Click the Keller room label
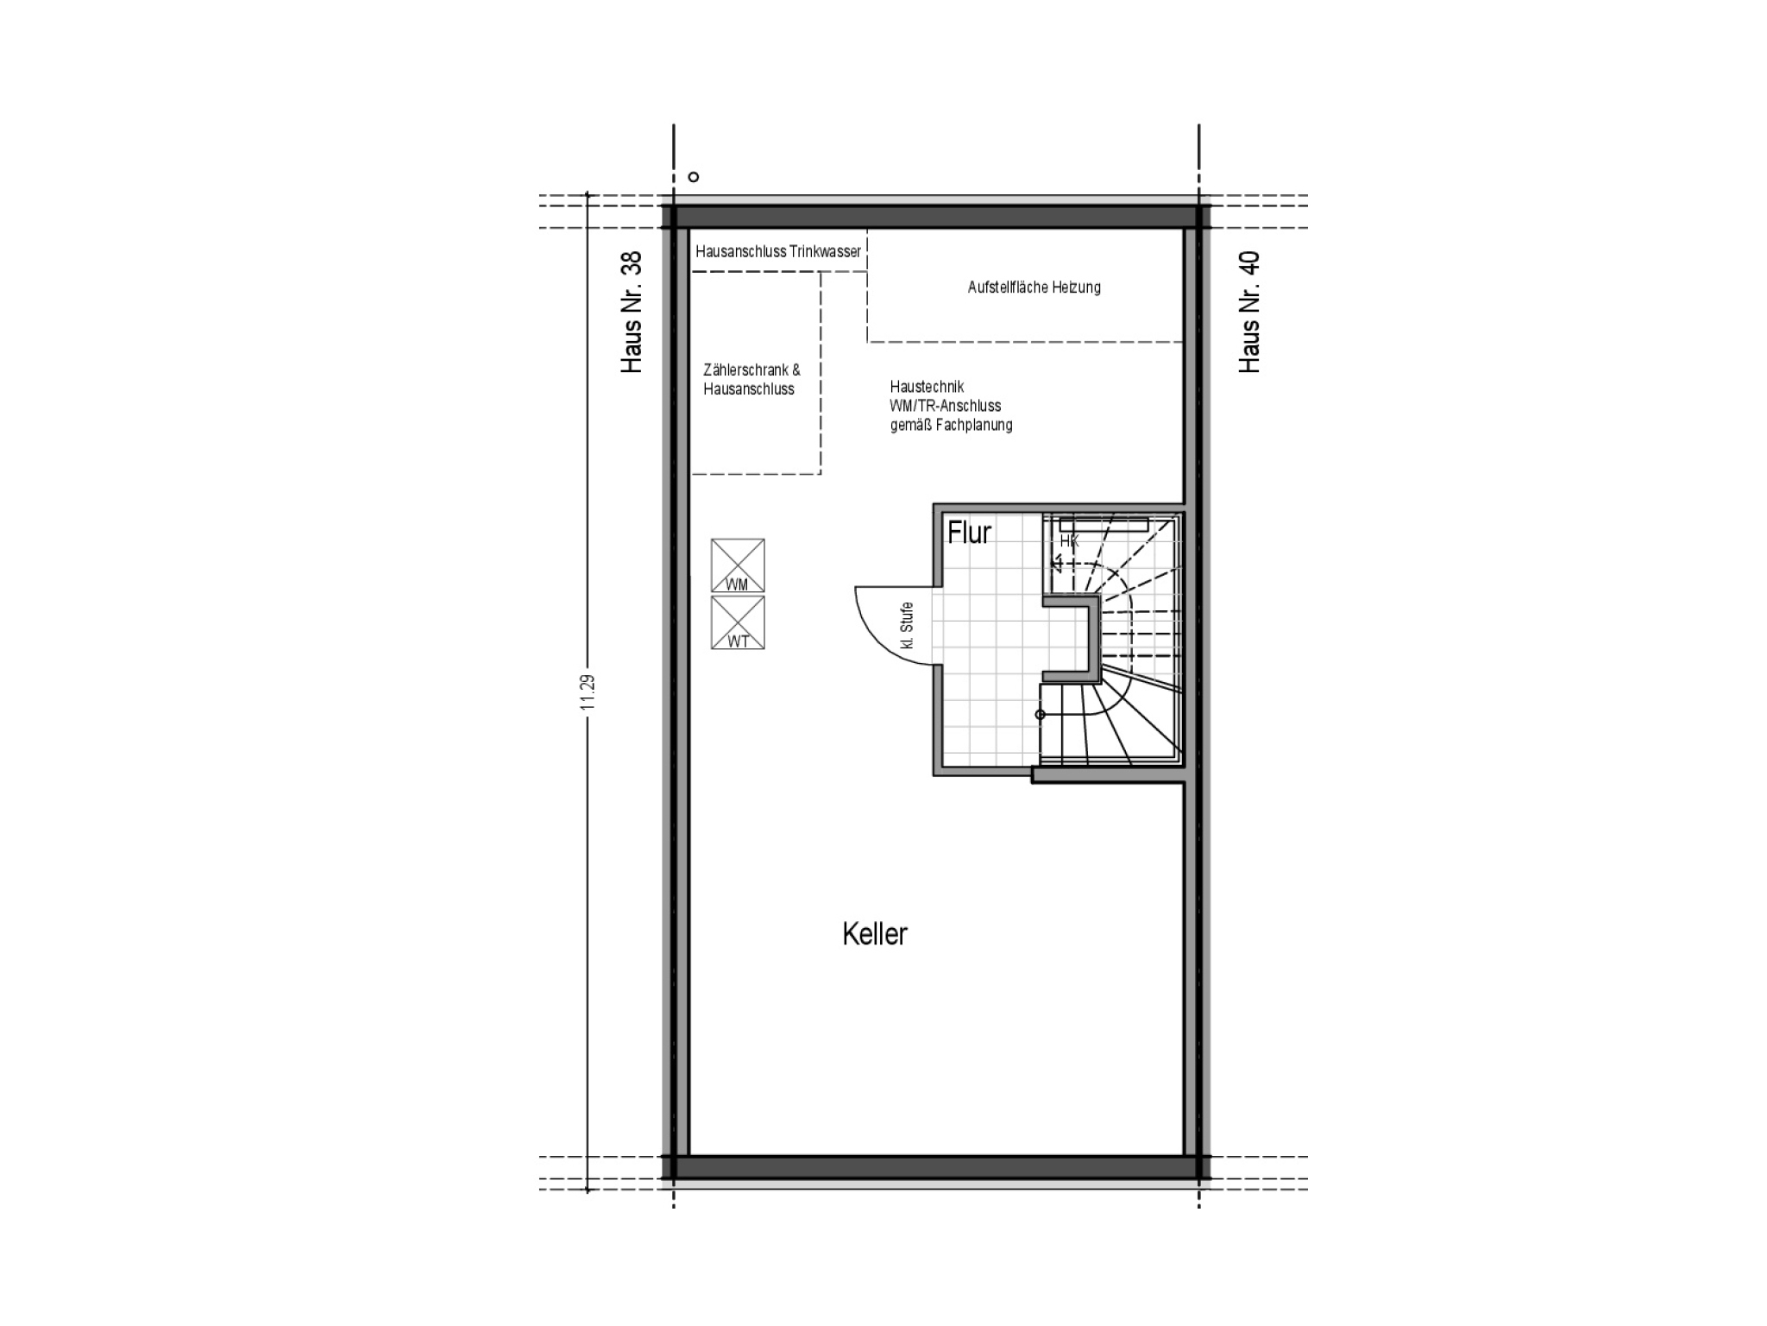pos(874,934)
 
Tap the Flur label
pos(969,533)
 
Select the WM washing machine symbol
pos(738,565)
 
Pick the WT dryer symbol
pos(738,622)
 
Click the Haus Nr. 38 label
pos(632,313)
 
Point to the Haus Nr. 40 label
pos(1249,313)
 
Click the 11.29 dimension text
pos(588,692)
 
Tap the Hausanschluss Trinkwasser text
pos(778,251)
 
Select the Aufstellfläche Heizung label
pos(1034,287)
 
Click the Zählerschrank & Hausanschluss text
pos(751,379)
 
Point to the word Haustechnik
pos(927,387)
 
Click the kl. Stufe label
pos(906,626)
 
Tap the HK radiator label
pos(1069,541)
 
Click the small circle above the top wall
pos(693,177)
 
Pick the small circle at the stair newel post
pos(1040,715)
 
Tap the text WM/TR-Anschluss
pos(946,406)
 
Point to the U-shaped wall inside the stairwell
pos(1097,639)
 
